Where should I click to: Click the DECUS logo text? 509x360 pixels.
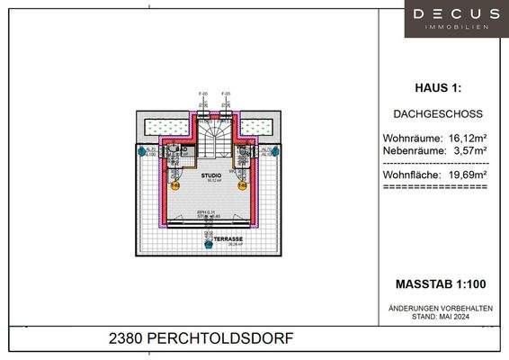[x=455, y=13]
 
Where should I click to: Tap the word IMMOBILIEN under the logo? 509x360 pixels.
[x=455, y=28]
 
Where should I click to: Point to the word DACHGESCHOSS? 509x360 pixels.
[x=438, y=115]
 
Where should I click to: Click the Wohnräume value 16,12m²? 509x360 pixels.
[x=468, y=139]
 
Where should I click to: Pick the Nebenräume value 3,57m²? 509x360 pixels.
[x=468, y=150]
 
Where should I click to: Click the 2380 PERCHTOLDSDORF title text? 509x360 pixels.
[x=201, y=339]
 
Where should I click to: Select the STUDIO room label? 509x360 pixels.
[x=210, y=175]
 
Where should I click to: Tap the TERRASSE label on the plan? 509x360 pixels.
[x=210, y=238]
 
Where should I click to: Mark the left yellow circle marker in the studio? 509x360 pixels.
[x=176, y=186]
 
